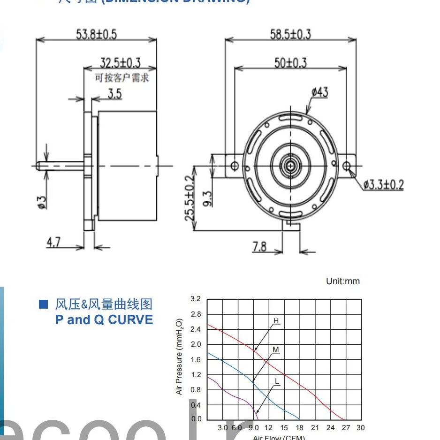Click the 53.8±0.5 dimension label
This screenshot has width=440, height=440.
tap(96, 34)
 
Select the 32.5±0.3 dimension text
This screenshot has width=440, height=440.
tap(121, 63)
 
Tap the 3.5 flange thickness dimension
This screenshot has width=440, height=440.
tap(114, 93)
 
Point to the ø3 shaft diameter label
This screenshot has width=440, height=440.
tap(42, 201)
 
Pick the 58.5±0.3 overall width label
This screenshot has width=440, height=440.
tap(290, 34)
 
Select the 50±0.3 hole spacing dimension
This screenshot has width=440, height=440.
tap(290, 62)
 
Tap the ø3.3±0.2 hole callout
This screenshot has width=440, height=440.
tap(383, 184)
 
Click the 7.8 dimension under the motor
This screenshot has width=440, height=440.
tap(259, 246)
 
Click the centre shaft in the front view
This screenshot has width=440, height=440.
tap(291, 166)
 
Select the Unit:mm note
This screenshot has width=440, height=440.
tap(343, 281)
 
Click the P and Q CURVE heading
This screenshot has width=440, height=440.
tap(104, 320)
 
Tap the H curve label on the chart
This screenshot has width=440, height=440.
tap(276, 321)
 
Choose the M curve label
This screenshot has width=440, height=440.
tap(276, 350)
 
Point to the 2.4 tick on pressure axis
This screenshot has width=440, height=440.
tap(196, 329)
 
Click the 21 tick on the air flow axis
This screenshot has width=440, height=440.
tap(315, 428)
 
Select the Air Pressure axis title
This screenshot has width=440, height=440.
tap(179, 357)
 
